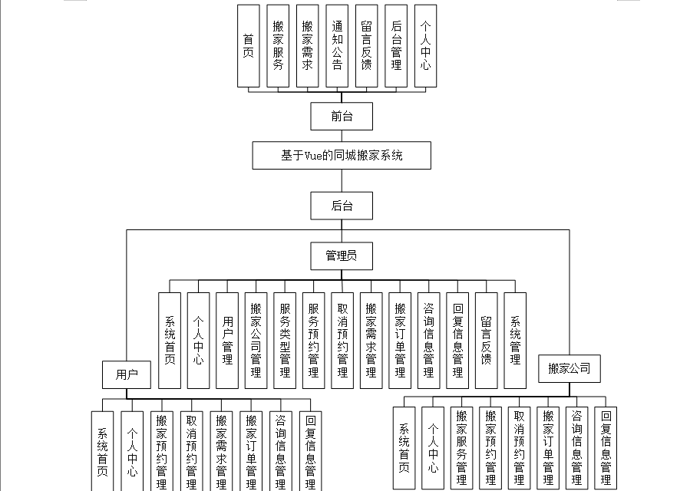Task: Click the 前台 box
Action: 342,117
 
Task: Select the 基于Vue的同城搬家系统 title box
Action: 342,155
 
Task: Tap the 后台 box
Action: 342,206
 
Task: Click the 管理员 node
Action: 342,255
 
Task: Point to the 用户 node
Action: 127,374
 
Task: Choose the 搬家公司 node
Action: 569,369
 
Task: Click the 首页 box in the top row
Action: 248,46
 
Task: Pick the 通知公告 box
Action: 337,46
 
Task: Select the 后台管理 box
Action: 396,46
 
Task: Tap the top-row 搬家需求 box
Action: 307,46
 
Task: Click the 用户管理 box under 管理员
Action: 227,340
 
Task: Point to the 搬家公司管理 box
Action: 256,340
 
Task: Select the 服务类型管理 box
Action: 285,340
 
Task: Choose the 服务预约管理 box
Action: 313,340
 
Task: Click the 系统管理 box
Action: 515,340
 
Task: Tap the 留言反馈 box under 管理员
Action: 486,340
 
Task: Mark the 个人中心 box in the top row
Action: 425,46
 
